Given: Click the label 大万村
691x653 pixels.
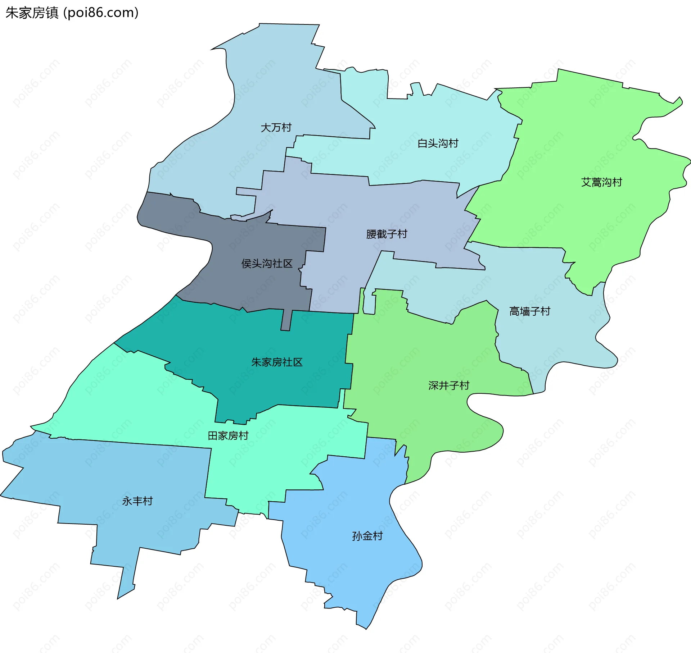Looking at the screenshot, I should [276, 128].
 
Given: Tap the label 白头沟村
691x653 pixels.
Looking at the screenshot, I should [438, 143].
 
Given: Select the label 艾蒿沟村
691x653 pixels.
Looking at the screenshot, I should [601, 182].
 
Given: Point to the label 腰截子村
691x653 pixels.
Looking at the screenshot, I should [387, 234].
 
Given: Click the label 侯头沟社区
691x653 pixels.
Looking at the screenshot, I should [267, 264].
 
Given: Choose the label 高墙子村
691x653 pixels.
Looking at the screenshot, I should [529, 311].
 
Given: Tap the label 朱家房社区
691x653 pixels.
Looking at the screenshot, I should [277, 362].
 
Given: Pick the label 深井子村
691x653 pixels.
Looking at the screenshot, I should [448, 385].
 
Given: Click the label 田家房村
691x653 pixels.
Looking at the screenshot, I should [228, 436].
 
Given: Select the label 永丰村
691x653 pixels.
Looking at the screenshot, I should [137, 501].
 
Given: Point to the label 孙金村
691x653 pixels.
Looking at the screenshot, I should [367, 536].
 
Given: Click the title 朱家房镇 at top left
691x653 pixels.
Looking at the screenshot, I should [32, 13].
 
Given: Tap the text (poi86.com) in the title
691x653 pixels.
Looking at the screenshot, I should [101, 13].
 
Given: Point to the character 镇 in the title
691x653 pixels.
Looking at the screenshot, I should [52, 13].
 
